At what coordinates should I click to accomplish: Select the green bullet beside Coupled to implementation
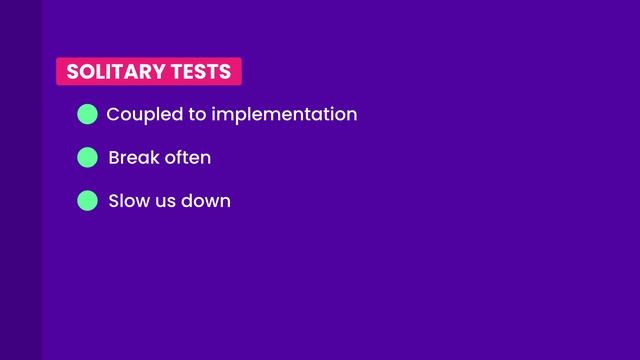pyautogui.click(x=87, y=114)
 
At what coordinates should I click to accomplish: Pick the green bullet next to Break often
pyautogui.click(x=87, y=158)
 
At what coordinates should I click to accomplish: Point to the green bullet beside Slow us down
pyautogui.click(x=87, y=201)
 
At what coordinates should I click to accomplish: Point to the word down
pyautogui.click(x=205, y=201)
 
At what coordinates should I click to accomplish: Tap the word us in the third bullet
pyautogui.click(x=166, y=202)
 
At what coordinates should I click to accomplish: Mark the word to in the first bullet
pyautogui.click(x=196, y=115)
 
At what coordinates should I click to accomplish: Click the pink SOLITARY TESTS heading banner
pyautogui.click(x=148, y=72)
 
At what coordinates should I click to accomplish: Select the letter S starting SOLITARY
pyautogui.click(x=72, y=72)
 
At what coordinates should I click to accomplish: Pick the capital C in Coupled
pyautogui.click(x=113, y=114)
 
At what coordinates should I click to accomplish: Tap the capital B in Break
pyautogui.click(x=114, y=158)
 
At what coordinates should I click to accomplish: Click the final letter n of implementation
pyautogui.click(x=351, y=115)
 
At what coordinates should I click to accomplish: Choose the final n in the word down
pyautogui.click(x=225, y=202)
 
